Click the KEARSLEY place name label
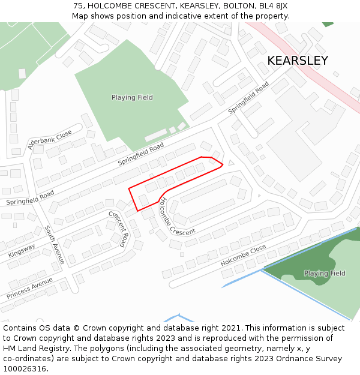coord(297,61)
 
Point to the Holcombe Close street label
coord(243,256)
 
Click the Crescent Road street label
coord(118,228)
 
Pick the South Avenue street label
coord(54,244)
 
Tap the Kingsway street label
coord(22,250)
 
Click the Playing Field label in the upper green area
coord(132,97)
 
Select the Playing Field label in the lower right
coord(325,274)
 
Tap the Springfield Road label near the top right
coord(248,98)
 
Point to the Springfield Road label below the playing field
coord(140,154)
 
